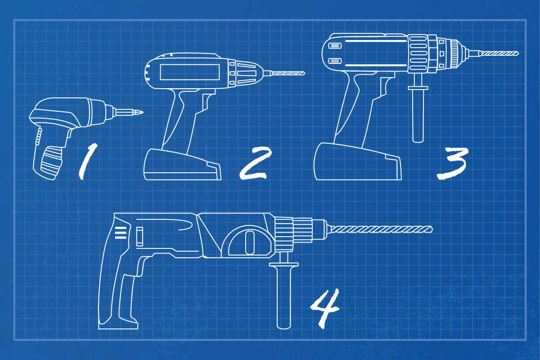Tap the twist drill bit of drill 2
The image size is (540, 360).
point(288,72)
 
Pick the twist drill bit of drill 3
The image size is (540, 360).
point(499,53)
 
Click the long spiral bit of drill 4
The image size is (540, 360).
point(382,229)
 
